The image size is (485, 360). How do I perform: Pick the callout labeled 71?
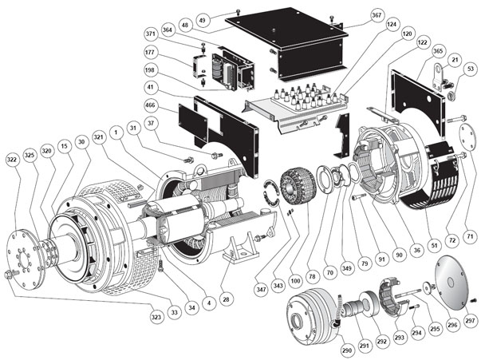point(470,236)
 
